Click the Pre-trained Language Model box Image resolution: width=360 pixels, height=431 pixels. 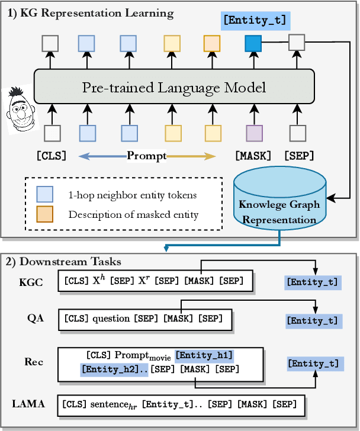[x=173, y=88]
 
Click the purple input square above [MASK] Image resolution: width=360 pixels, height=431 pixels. [x=253, y=133]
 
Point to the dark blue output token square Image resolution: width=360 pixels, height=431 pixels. [x=253, y=43]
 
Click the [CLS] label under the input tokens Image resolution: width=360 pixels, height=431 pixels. [x=52, y=156]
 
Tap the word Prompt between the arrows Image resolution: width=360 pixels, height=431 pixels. [x=146, y=156]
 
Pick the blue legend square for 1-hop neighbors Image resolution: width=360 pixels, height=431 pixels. [x=45, y=195]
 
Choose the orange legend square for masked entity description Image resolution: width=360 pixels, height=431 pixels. [x=45, y=214]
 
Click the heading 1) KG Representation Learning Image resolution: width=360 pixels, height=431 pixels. [x=91, y=12]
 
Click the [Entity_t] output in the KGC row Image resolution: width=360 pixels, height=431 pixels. [x=313, y=282]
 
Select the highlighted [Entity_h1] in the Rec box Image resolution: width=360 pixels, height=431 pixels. [x=204, y=356]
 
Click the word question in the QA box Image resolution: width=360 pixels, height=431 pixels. [x=111, y=319]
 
